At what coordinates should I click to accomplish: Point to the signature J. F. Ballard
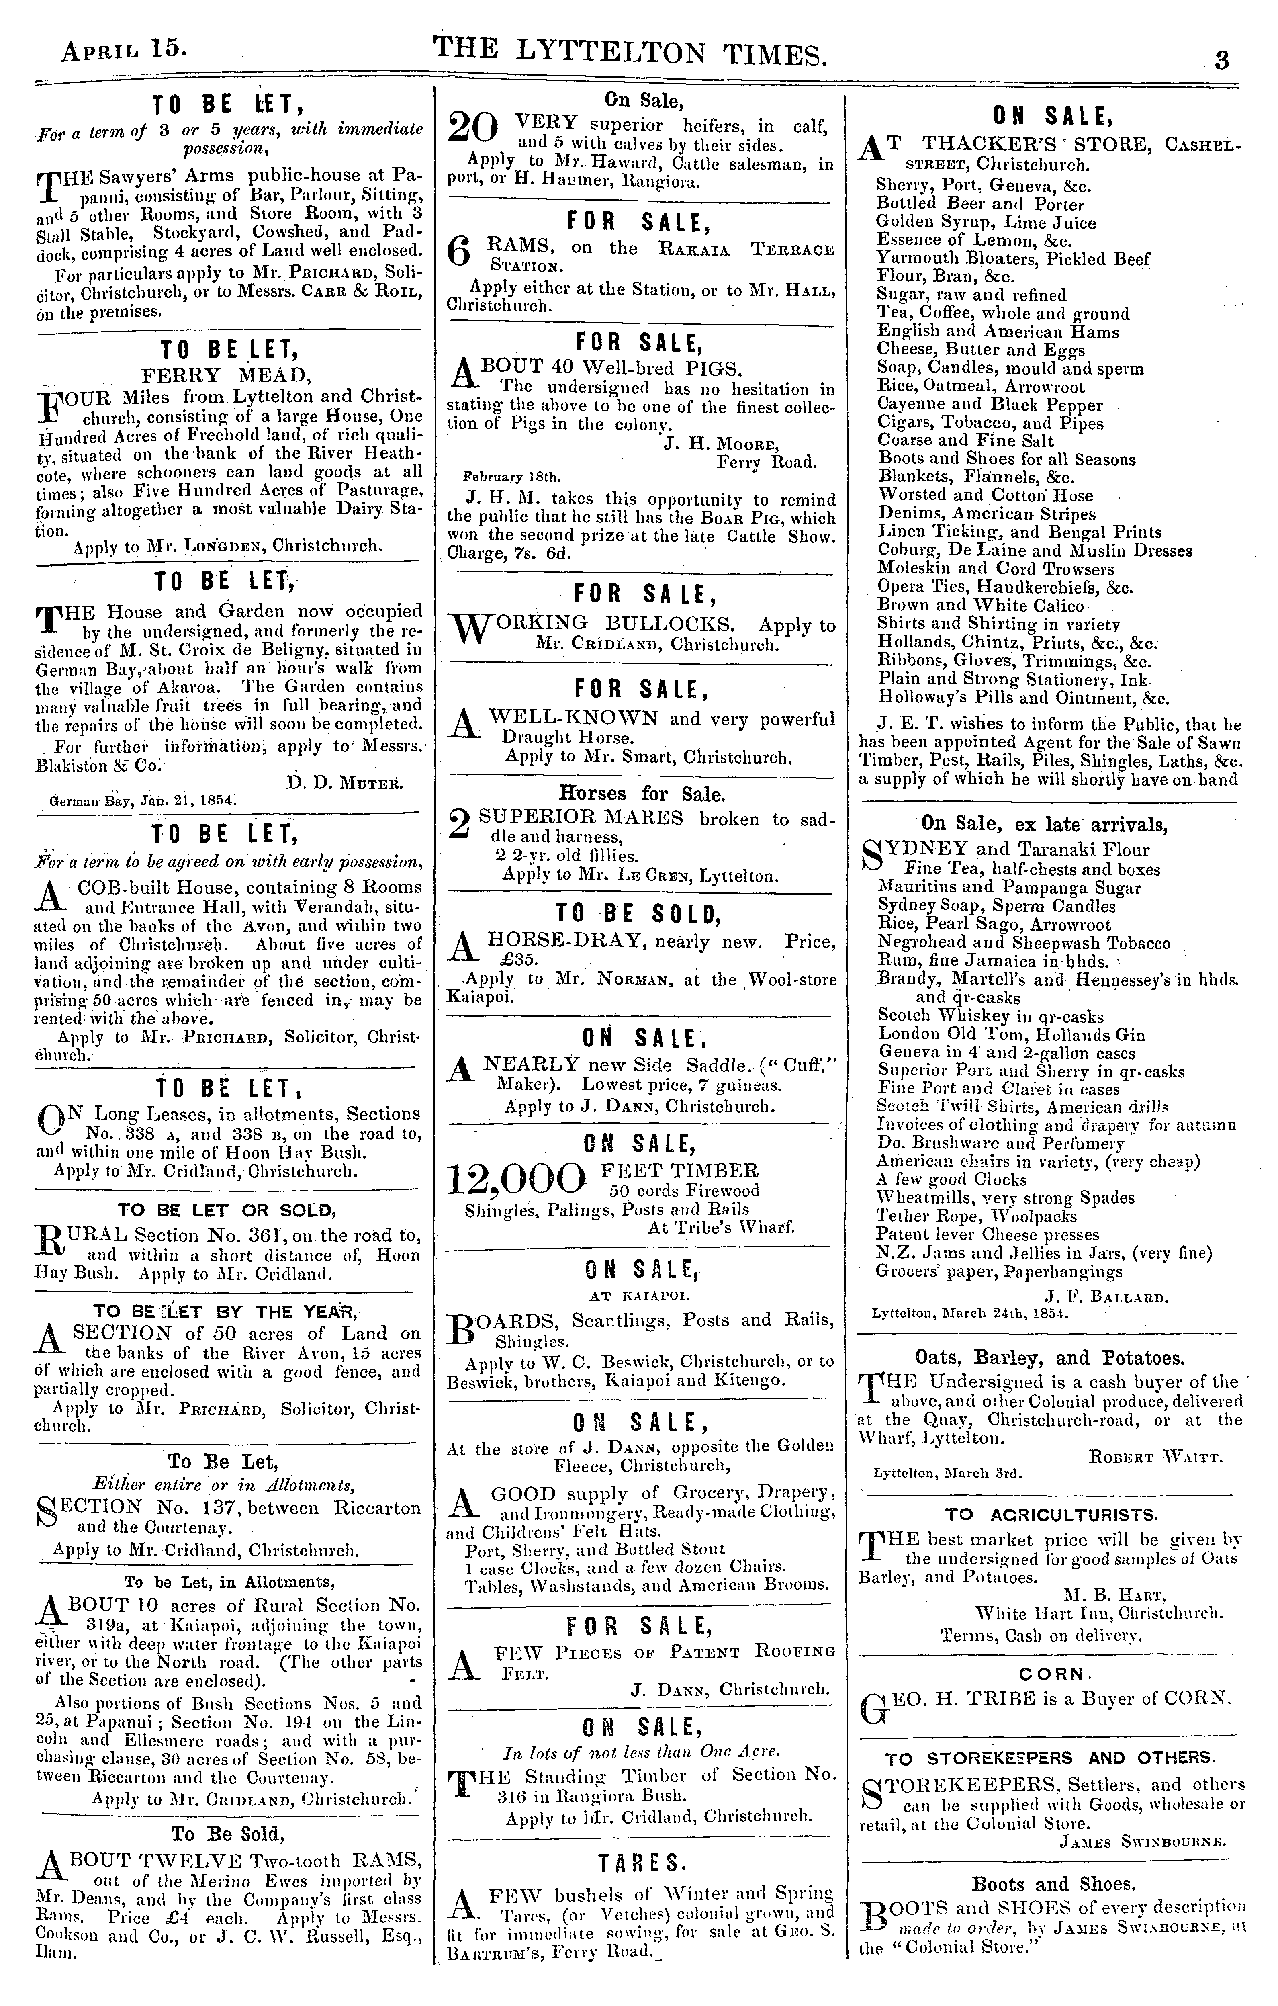pyautogui.click(x=1106, y=1297)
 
